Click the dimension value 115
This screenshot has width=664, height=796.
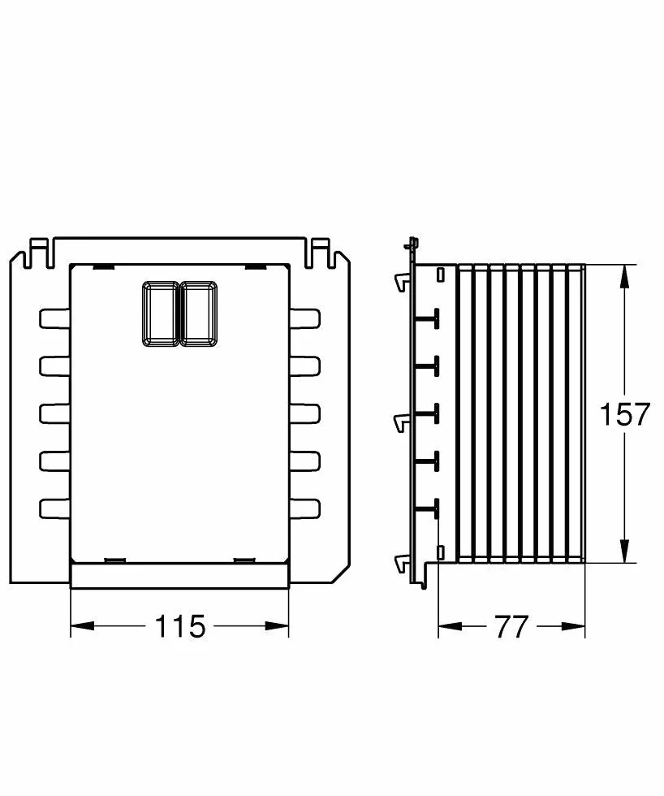(x=180, y=626)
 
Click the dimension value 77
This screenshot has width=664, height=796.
(x=511, y=626)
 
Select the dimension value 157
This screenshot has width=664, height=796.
(x=624, y=413)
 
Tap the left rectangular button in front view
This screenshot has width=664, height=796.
(x=161, y=314)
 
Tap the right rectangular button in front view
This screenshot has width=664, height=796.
(x=200, y=314)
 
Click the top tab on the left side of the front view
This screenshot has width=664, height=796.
(x=54, y=318)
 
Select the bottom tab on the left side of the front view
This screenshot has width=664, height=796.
(x=54, y=508)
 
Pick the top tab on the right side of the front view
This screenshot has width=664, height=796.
(x=305, y=318)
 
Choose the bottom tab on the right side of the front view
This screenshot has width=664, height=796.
(x=305, y=508)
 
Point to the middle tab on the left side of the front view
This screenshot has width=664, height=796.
(x=54, y=413)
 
